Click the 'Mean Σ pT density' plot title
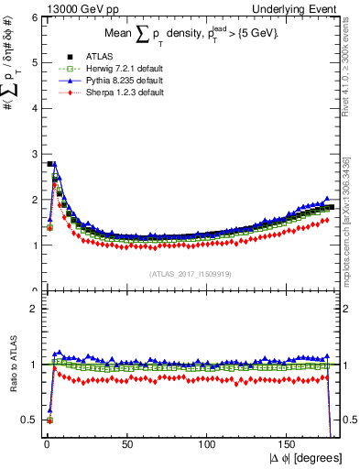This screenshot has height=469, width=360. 188,34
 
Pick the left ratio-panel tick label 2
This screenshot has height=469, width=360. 30,309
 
